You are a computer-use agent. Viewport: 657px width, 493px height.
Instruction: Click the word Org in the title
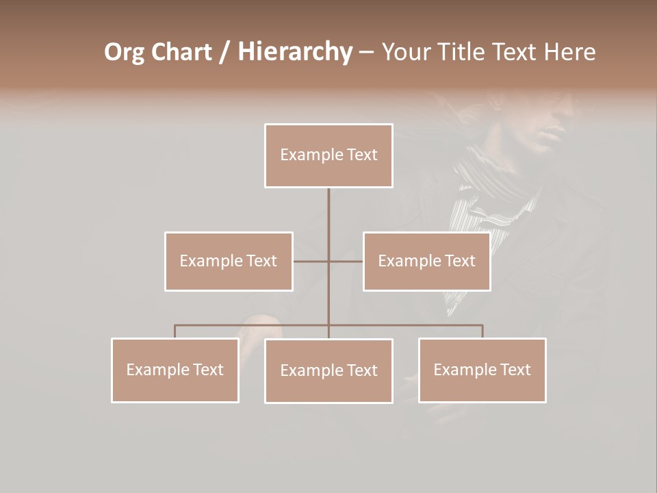pos(125,52)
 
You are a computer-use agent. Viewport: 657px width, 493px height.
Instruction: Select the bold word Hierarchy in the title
pos(294,52)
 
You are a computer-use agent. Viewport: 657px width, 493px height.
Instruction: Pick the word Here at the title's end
pos(569,52)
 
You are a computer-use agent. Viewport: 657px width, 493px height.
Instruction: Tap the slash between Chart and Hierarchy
pos(224,52)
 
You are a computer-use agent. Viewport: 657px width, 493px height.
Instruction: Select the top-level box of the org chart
pos(328,155)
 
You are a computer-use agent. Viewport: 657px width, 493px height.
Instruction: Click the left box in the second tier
pos(229,261)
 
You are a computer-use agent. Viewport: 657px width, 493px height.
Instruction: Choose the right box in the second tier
pos(426,261)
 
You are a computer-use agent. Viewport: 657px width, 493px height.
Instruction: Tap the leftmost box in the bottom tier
pos(175,370)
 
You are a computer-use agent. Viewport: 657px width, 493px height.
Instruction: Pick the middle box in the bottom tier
pos(328,370)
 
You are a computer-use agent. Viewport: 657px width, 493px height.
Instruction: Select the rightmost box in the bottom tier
pos(482,370)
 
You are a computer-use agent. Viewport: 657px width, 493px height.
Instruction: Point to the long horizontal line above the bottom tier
pos(253,325)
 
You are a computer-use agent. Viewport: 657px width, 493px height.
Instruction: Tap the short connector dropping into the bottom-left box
pos(175,331)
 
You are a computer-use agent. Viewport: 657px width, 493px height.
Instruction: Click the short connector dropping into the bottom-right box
pos(482,331)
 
